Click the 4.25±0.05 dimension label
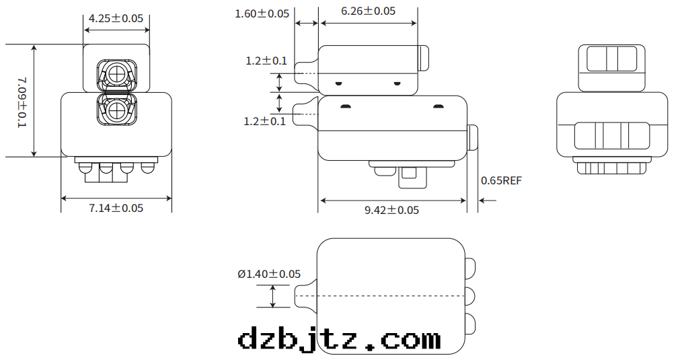point(116,18)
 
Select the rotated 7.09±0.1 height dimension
point(22,101)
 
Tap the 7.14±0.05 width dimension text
point(116,208)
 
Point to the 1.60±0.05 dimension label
point(262,13)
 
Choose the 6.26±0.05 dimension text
point(368,11)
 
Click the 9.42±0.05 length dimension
point(391,210)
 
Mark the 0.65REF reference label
point(501,180)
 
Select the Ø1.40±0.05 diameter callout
point(269,274)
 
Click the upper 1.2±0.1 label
point(266,61)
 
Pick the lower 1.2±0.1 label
point(264,121)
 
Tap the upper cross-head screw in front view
point(116,73)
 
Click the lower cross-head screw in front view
point(116,109)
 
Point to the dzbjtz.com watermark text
point(340,338)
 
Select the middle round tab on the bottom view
point(471,295)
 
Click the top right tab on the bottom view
point(471,267)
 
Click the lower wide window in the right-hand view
point(611,135)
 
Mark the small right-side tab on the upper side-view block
point(424,58)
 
